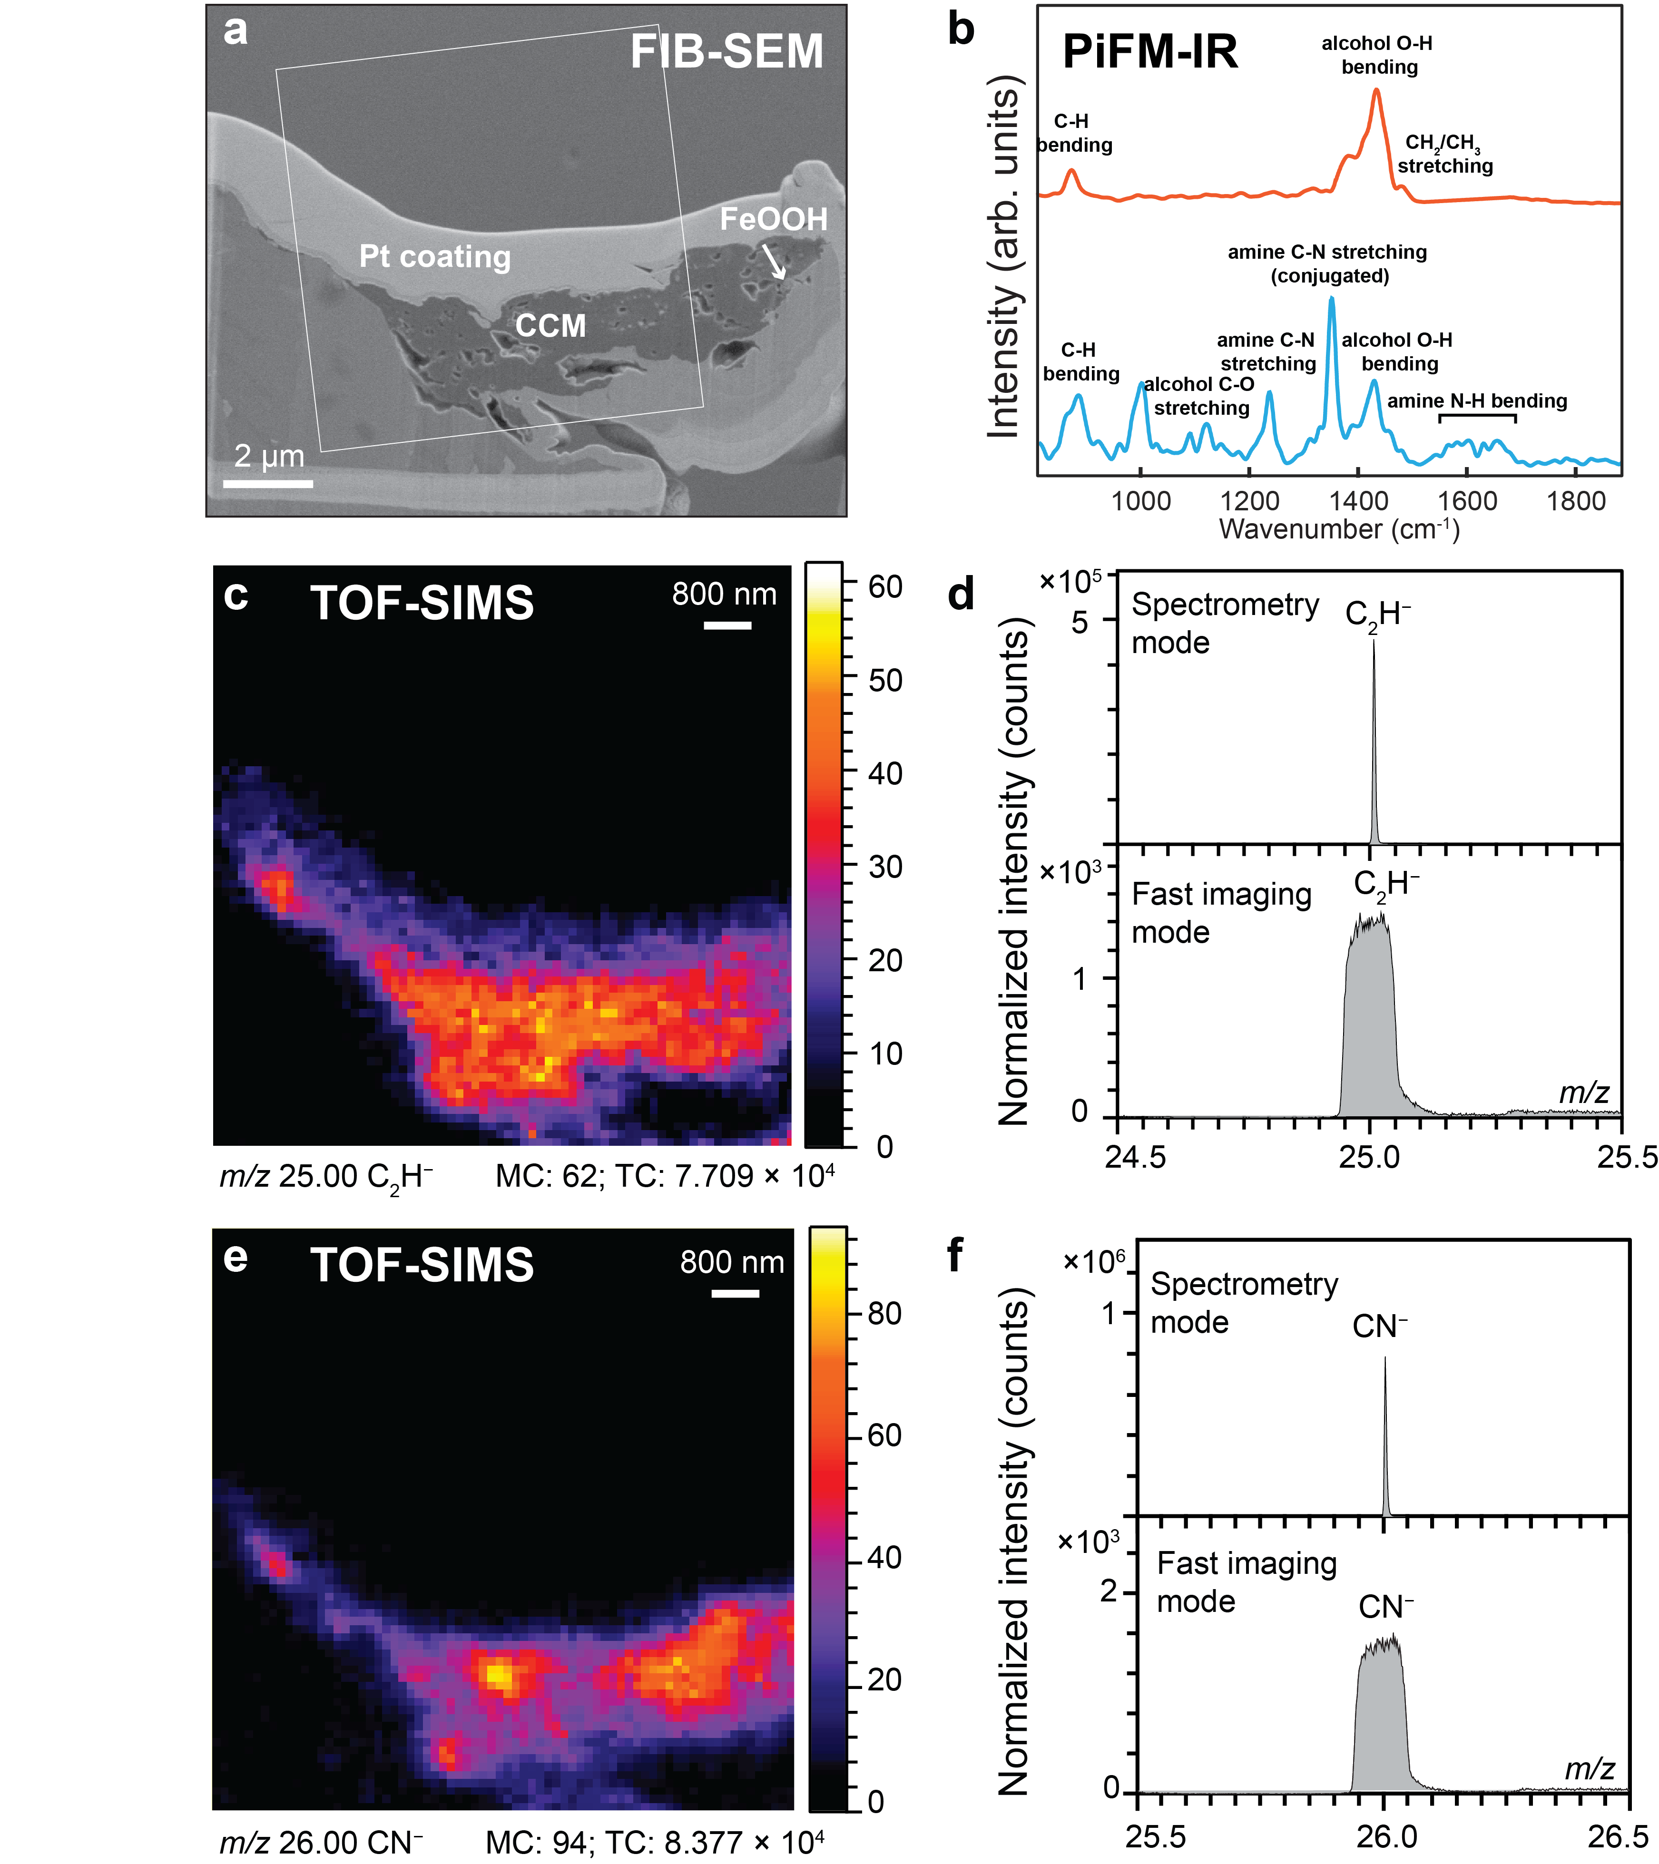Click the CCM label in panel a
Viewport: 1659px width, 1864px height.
(550, 325)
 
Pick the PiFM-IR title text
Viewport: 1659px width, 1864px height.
(1150, 52)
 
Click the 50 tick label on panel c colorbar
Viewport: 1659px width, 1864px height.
(884, 680)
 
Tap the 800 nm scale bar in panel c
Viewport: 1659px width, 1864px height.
(727, 625)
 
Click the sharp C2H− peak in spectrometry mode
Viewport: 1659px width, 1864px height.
(1374, 643)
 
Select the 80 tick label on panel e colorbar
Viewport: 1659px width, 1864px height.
(884, 1313)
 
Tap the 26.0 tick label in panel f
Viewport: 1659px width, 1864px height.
(1386, 1836)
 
